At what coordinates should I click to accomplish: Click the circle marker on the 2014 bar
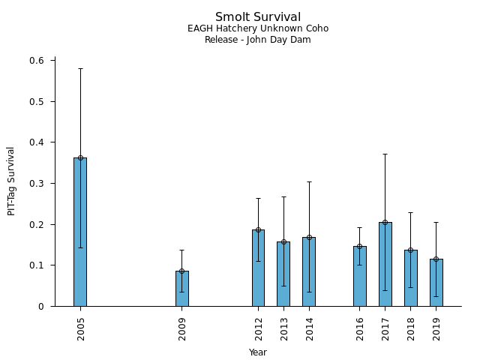click(309, 237)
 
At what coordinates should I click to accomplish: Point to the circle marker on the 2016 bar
click(359, 246)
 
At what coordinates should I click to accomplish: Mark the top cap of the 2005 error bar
click(80, 68)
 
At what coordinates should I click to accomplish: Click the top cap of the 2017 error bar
click(385, 154)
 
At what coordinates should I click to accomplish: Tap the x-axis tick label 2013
click(283, 328)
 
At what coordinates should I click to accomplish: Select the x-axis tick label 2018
click(410, 328)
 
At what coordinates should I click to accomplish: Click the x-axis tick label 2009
click(182, 328)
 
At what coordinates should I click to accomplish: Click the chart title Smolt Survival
click(258, 17)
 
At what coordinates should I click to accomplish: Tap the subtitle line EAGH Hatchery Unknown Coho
click(258, 29)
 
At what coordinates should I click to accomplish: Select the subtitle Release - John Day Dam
click(258, 40)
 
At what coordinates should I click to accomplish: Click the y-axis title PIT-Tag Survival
click(11, 181)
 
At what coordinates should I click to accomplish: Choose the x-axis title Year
click(258, 352)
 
